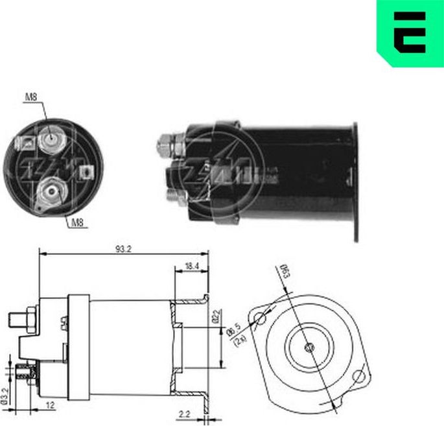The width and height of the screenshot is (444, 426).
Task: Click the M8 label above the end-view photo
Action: click(30, 98)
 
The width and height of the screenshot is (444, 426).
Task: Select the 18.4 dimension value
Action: click(193, 266)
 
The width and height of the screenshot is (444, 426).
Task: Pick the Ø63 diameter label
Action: click(284, 270)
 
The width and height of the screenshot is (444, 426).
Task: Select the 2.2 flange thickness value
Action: click(184, 413)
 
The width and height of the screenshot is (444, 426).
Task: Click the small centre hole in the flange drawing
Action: click(310, 348)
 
